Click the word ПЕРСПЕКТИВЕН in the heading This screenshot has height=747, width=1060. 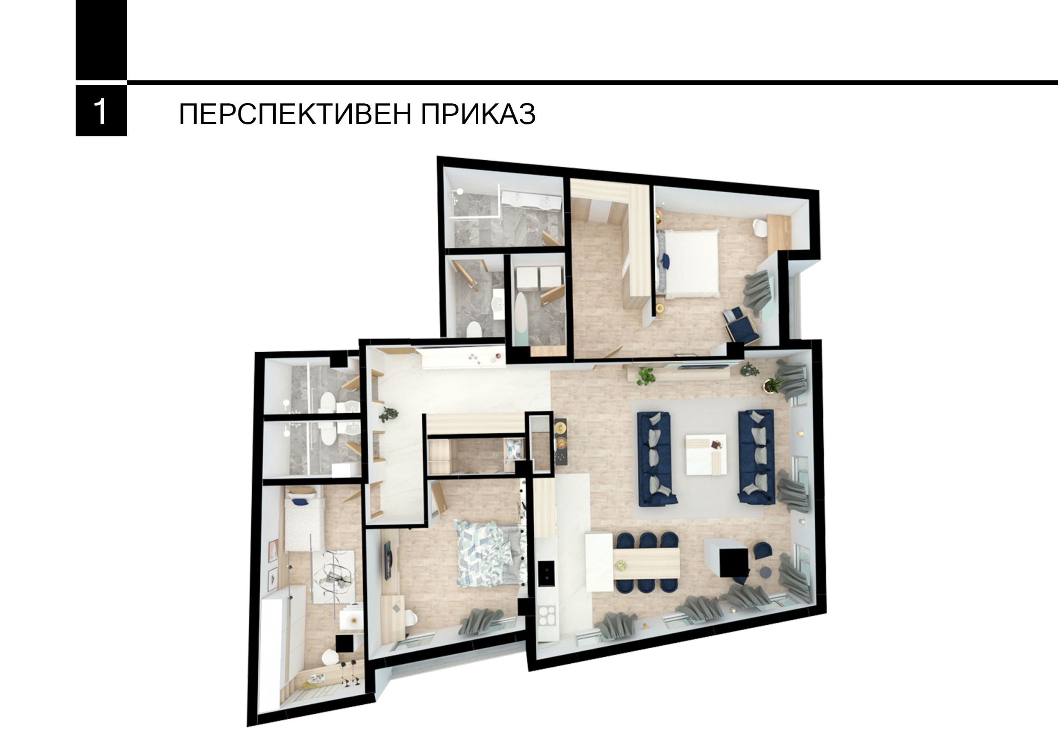pyautogui.click(x=294, y=114)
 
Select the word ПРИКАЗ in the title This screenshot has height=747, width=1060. pyautogui.click(x=478, y=114)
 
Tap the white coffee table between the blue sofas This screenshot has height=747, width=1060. pyautogui.click(x=705, y=454)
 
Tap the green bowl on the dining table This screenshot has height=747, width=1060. pyautogui.click(x=622, y=565)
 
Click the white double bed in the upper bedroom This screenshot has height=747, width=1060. pyautogui.click(x=691, y=263)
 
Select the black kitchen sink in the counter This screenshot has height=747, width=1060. pyautogui.click(x=546, y=573)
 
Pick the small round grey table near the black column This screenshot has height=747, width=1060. pyautogui.click(x=765, y=573)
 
